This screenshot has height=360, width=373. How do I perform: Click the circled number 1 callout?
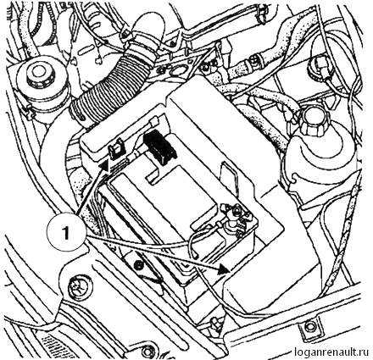coord(67,233)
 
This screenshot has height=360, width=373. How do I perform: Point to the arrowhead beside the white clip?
coord(103,165)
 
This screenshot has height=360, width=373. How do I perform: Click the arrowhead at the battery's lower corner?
coord(223,270)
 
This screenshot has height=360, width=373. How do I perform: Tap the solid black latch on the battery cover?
coord(159,147)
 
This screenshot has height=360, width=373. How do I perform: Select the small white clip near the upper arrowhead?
coord(116,149)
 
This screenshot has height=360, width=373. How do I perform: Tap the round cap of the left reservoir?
coord(36,74)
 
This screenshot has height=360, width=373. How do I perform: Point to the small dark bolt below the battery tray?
coord(138,265)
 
